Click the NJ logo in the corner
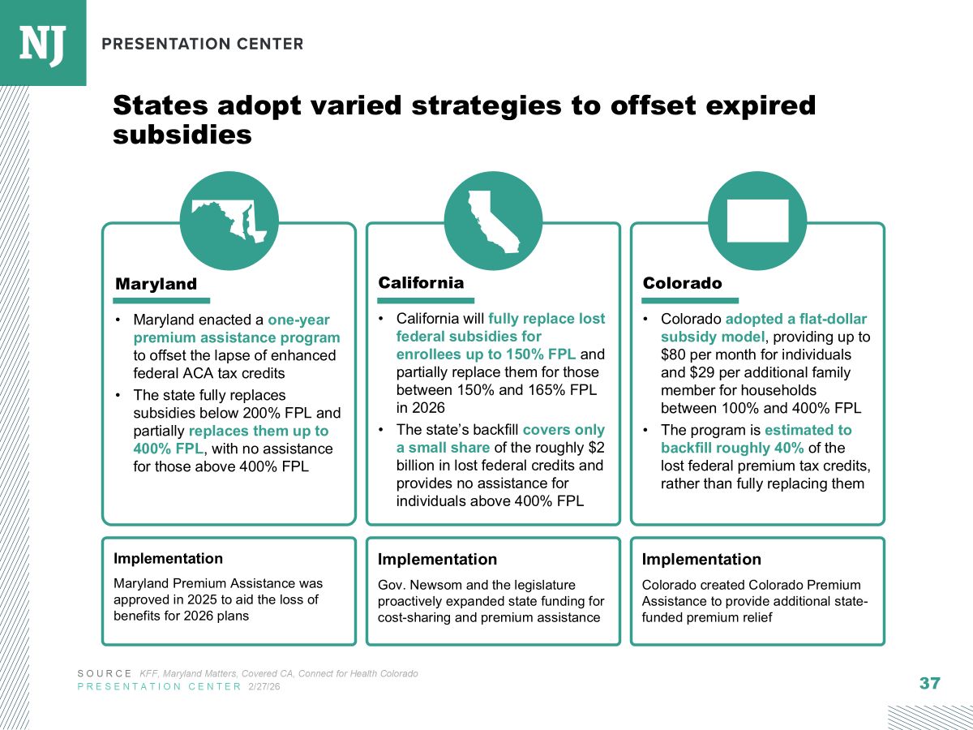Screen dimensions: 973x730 (x=42, y=42)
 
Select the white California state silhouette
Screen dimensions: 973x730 (x=492, y=221)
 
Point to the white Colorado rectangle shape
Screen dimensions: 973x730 (x=757, y=221)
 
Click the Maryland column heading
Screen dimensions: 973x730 (x=156, y=284)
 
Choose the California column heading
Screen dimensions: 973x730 (x=421, y=282)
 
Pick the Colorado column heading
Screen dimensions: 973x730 (x=682, y=283)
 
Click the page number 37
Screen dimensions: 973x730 (x=929, y=683)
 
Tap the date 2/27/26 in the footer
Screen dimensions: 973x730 (x=264, y=686)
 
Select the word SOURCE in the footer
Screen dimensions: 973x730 (x=104, y=674)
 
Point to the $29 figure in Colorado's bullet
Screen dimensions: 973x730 (x=701, y=372)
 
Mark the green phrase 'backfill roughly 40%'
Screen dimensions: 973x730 (x=732, y=448)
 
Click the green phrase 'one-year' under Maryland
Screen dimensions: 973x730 (x=298, y=320)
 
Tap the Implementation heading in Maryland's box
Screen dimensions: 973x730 (x=168, y=559)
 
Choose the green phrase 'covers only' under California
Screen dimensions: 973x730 (x=564, y=430)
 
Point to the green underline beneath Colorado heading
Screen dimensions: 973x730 (x=690, y=300)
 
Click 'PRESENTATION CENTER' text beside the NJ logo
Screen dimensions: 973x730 (x=203, y=44)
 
